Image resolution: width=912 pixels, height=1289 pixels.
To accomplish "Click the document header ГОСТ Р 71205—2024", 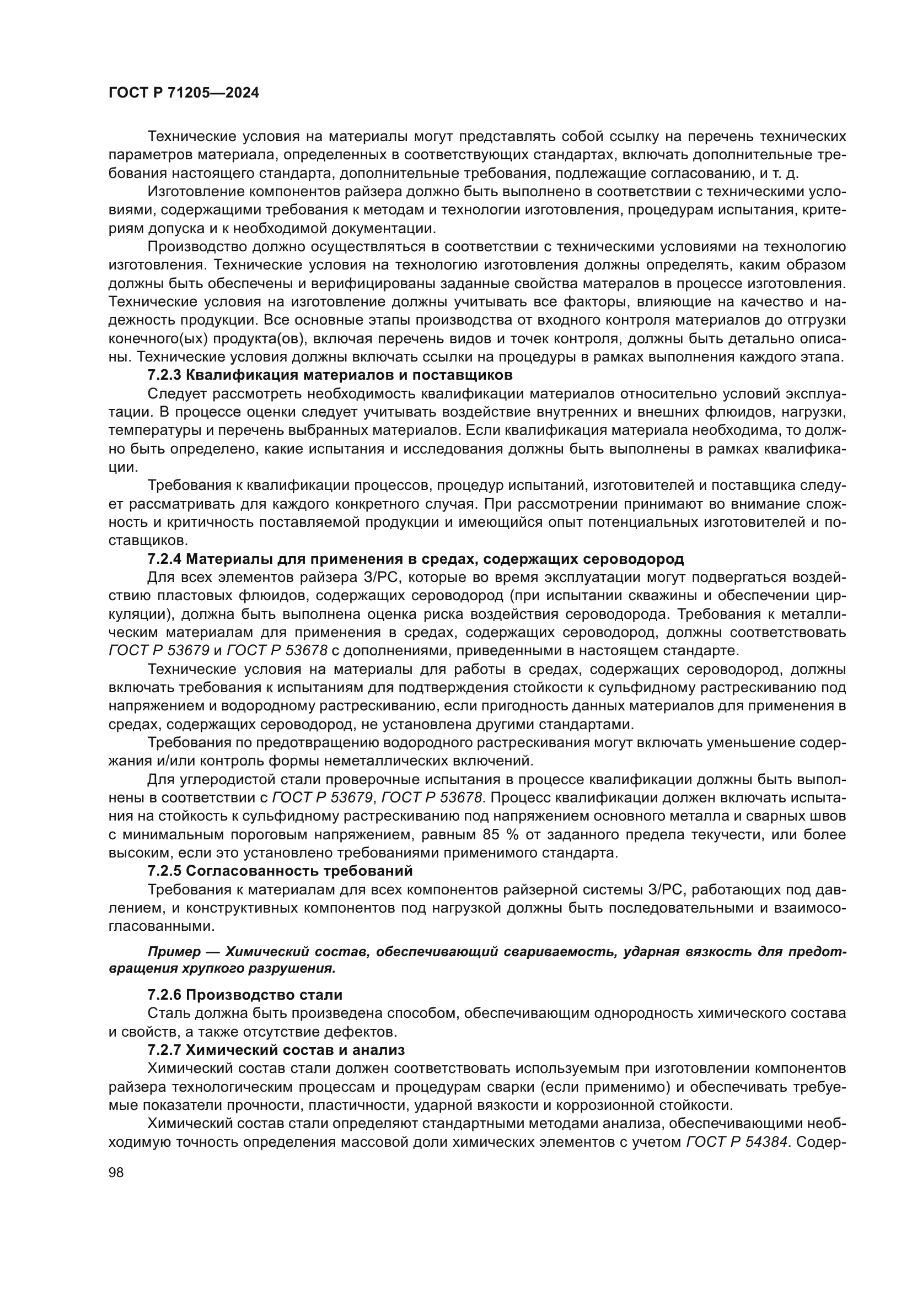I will click(x=184, y=93).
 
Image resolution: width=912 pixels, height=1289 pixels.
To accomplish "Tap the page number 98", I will click(x=116, y=1172).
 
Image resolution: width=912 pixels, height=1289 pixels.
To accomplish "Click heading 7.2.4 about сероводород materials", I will click(x=416, y=559).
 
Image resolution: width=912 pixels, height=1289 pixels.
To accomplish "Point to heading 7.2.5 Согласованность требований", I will click(x=280, y=871).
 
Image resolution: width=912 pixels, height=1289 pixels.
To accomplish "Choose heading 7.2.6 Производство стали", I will click(x=245, y=995).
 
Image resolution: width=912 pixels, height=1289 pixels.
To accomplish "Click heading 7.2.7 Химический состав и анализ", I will click(x=276, y=1050).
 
